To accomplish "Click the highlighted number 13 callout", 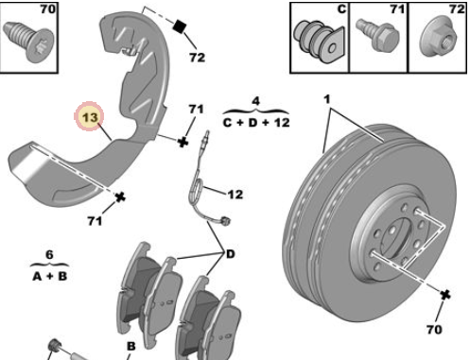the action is [89, 116].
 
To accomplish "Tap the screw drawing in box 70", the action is [28, 40].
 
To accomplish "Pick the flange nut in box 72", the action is [439, 38].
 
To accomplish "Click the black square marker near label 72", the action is [180, 26].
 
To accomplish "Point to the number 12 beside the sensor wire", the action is [235, 195].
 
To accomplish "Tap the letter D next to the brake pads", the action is [231, 254].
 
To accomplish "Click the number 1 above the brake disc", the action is [327, 99].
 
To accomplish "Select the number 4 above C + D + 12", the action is [255, 101].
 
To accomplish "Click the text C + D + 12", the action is [255, 122].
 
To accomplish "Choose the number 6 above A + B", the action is [49, 254].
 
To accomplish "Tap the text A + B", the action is [50, 276].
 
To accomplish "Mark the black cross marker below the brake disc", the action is [444, 295].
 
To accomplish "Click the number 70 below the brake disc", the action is [434, 330].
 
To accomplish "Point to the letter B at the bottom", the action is [131, 346].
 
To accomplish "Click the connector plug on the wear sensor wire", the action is [225, 221].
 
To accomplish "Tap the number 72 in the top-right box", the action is [457, 9].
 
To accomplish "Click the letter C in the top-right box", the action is [341, 9].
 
